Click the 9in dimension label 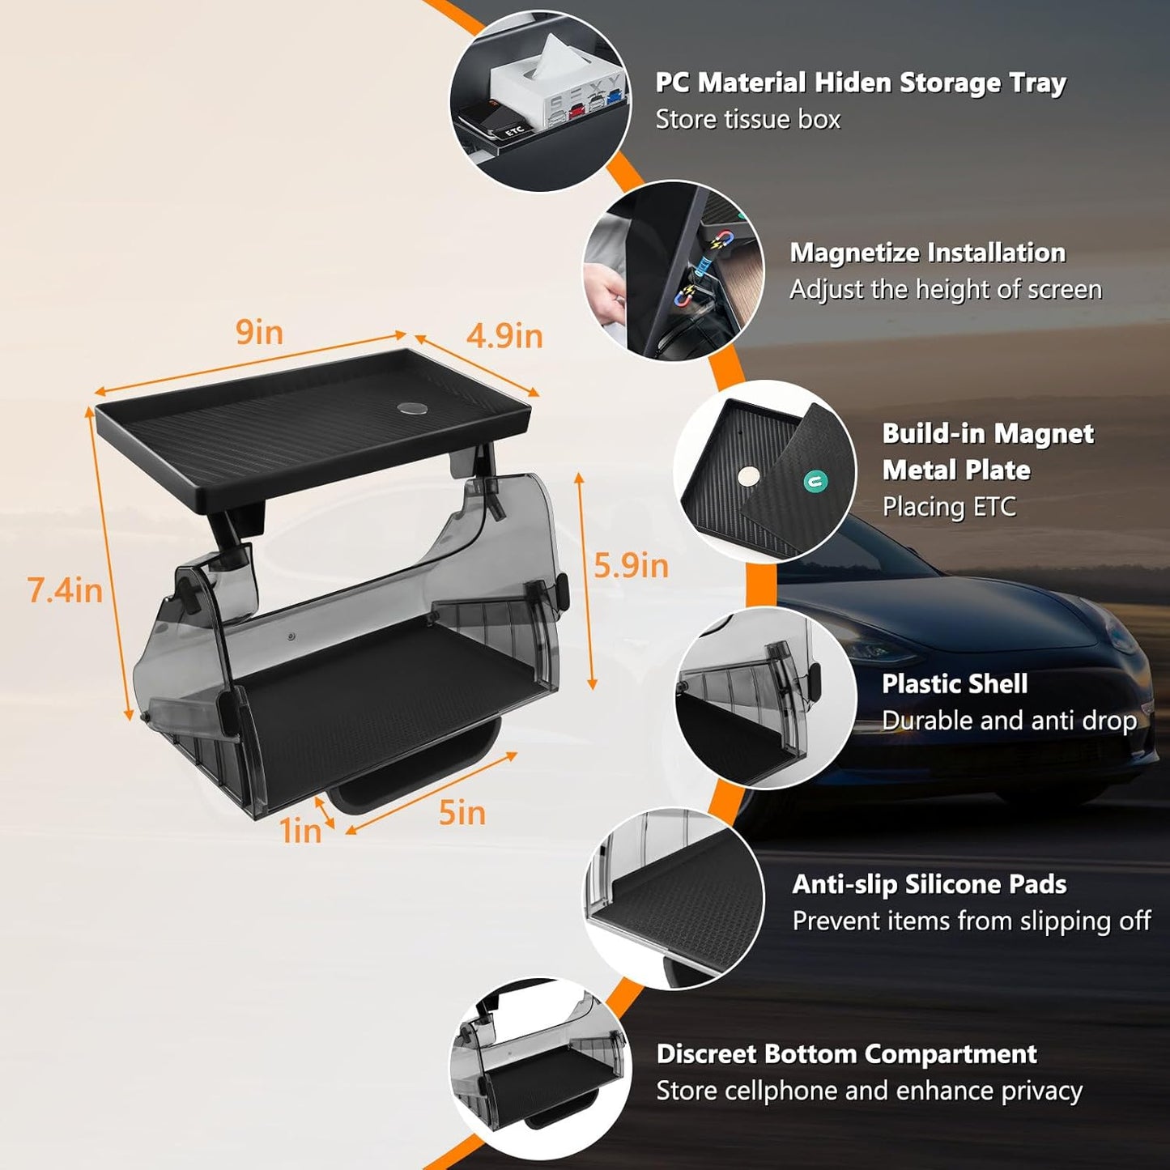click(259, 332)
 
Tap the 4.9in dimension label click(504, 336)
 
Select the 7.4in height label click(65, 590)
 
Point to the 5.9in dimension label click(631, 565)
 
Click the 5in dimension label click(462, 812)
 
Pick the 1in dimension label click(300, 831)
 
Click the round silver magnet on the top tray click(411, 409)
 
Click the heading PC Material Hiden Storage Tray click(860, 83)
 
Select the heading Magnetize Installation click(927, 253)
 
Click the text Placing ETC click(948, 507)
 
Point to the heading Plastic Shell click(954, 683)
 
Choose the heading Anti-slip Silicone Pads click(929, 883)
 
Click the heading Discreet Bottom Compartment click(846, 1053)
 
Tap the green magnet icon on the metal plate click(815, 482)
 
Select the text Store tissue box click(747, 120)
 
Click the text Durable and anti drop click(1009, 721)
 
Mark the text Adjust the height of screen click(945, 290)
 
